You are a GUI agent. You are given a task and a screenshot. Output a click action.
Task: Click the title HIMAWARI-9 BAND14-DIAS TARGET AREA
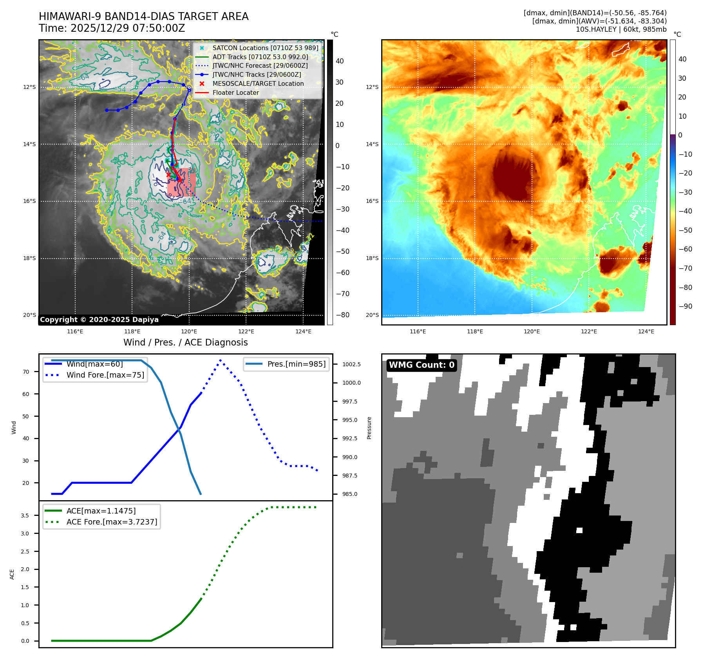click(x=143, y=16)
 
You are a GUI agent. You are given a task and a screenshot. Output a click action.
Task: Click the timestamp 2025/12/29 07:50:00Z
click(x=128, y=29)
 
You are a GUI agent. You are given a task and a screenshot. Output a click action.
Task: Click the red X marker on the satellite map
click(x=169, y=175)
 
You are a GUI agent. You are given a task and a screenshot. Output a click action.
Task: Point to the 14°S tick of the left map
click(x=29, y=144)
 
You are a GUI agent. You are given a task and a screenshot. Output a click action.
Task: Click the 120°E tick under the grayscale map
click(x=189, y=332)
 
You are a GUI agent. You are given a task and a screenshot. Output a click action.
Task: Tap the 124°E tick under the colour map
click(x=646, y=332)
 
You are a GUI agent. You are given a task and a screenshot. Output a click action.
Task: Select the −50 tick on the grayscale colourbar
click(x=343, y=251)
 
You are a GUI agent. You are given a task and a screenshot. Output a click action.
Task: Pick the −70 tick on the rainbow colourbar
click(x=685, y=268)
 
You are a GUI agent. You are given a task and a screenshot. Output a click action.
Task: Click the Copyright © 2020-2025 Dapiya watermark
click(x=99, y=320)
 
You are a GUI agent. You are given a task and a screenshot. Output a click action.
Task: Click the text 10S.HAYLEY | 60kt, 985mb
click(x=621, y=29)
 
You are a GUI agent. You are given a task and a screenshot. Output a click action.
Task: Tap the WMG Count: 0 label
click(x=422, y=365)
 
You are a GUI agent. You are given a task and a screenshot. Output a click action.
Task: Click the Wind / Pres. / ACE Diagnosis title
click(x=185, y=342)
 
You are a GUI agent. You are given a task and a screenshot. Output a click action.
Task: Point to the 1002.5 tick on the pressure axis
click(x=351, y=364)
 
